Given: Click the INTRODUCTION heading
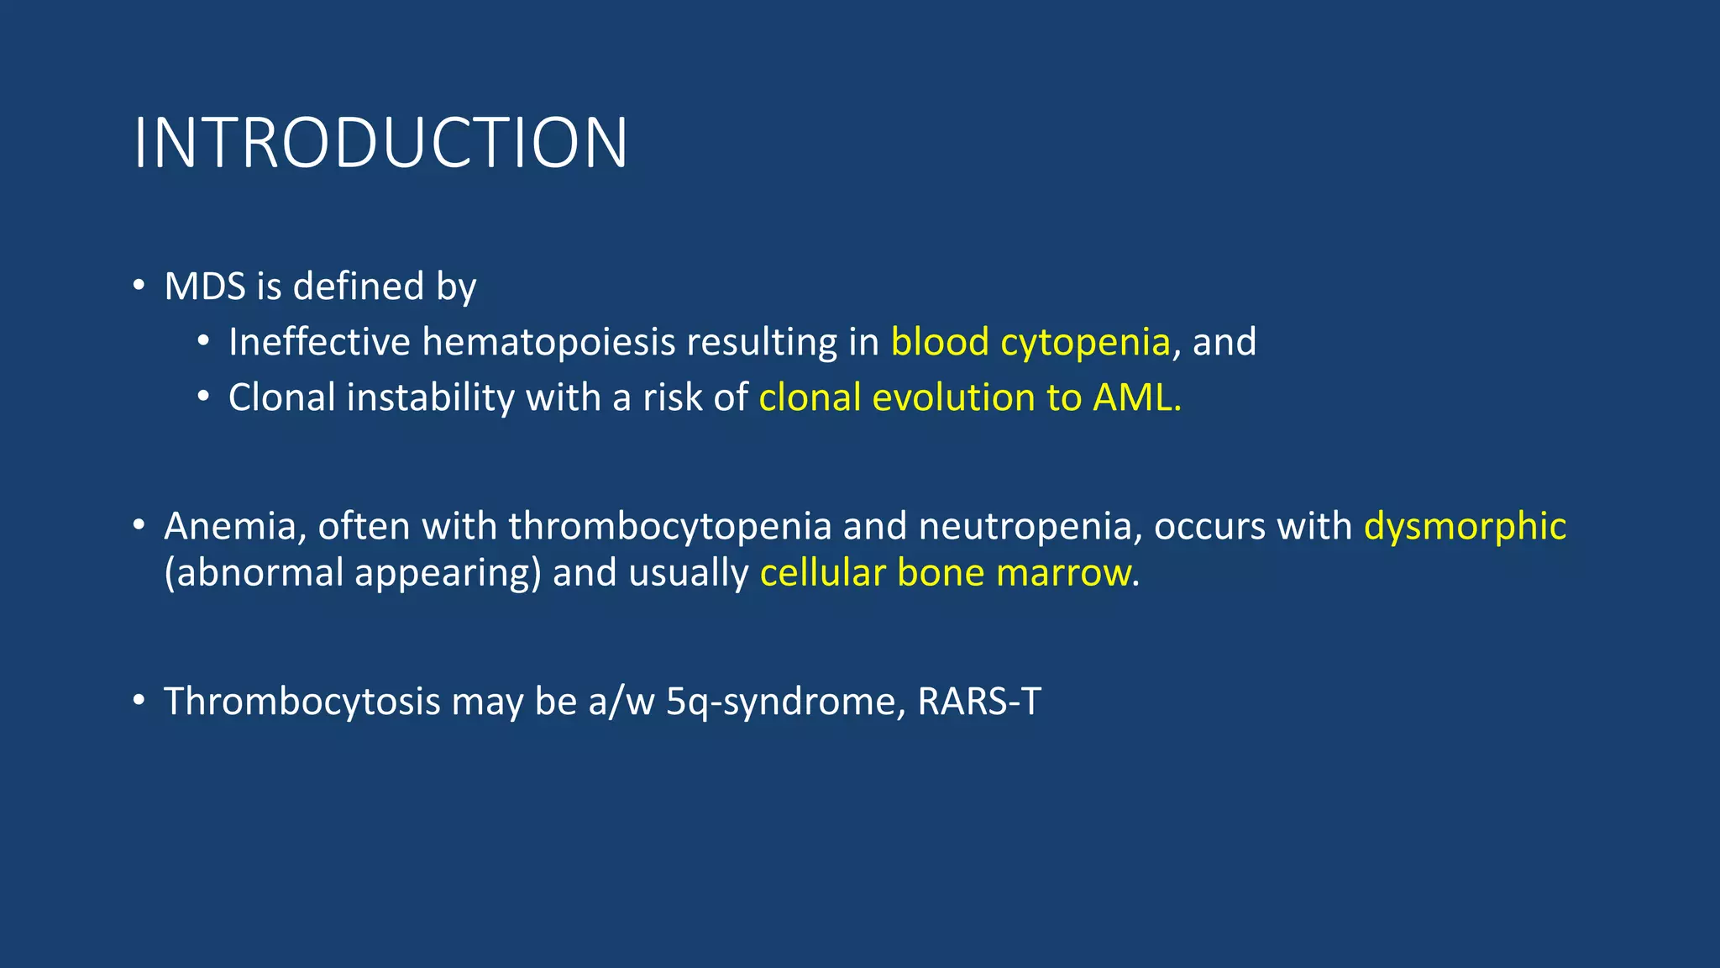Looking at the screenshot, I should pos(380,144).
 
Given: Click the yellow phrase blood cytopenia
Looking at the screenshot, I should pos(1030,343).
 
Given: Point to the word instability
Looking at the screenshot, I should pos(430,397).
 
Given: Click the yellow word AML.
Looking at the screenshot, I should pos(1135,397).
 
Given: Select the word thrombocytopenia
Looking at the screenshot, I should pos(669,527).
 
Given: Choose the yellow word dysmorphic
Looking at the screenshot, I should pos(1465,527).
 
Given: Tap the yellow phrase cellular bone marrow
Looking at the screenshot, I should pos(945,573).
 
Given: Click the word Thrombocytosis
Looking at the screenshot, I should pos(302,702).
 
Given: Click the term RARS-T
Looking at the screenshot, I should pos(979,702).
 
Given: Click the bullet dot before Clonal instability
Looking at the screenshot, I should pos(203,397).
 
